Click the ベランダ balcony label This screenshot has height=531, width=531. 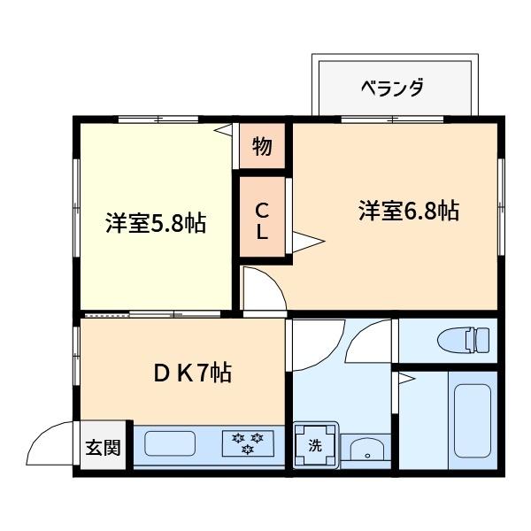(392, 88)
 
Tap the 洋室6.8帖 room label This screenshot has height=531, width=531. (408, 212)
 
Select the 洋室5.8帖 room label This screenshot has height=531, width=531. (156, 223)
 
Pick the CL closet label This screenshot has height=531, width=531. (262, 221)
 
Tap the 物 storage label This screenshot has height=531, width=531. (261, 147)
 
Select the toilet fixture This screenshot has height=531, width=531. (464, 339)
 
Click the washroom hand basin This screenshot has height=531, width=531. (365, 449)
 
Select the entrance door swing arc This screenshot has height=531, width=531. (50, 442)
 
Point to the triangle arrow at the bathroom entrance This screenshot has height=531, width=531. (405, 380)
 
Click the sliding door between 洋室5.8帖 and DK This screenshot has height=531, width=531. (150, 314)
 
